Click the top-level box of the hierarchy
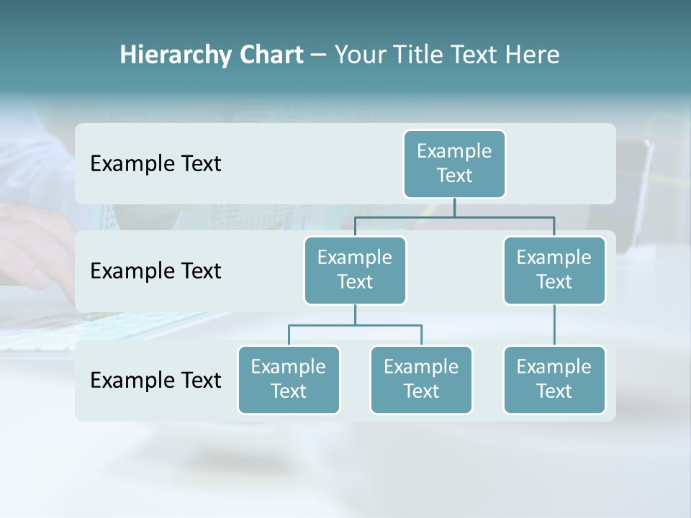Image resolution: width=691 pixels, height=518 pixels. coord(454,163)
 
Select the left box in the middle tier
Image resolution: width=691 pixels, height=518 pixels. coord(355,270)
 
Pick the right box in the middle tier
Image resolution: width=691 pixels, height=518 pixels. coord(554,270)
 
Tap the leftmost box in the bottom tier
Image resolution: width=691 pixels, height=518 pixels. coord(289,379)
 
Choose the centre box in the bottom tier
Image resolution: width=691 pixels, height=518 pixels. coord(421,379)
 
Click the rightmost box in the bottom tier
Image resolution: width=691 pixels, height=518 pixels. coord(554,379)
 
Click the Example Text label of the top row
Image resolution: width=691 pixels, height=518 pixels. coord(155,164)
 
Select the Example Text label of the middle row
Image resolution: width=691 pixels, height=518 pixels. coord(155,271)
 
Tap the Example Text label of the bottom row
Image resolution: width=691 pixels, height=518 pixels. coord(155,380)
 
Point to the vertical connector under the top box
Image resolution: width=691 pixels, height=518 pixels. coord(454,207)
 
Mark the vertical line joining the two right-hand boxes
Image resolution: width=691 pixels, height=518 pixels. coord(554,325)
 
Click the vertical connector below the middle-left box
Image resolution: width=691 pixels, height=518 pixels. coord(355,315)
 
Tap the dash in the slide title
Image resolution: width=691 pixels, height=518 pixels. coord(319,55)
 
